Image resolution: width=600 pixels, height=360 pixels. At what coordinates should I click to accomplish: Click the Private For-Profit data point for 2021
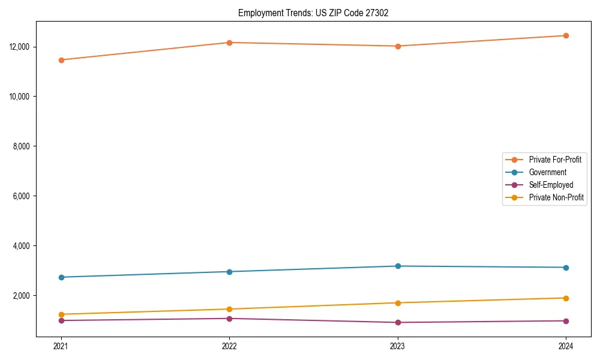61,60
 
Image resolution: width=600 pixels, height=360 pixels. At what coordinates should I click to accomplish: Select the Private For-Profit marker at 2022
229,43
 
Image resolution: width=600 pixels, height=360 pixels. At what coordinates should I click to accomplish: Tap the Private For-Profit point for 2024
566,35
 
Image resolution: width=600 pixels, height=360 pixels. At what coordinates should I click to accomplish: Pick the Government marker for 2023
398,266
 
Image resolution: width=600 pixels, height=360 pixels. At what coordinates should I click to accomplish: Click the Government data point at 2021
61,277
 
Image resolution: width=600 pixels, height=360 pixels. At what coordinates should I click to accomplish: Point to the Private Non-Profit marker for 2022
229,309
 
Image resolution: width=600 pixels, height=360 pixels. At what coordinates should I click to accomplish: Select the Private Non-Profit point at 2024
566,298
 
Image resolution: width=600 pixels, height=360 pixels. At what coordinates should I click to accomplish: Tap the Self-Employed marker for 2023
398,322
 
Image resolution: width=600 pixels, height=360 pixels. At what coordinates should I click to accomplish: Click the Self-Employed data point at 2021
61,320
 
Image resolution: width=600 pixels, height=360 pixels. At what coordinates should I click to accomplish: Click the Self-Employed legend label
551,185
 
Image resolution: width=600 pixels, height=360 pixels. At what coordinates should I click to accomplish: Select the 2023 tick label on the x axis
398,346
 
